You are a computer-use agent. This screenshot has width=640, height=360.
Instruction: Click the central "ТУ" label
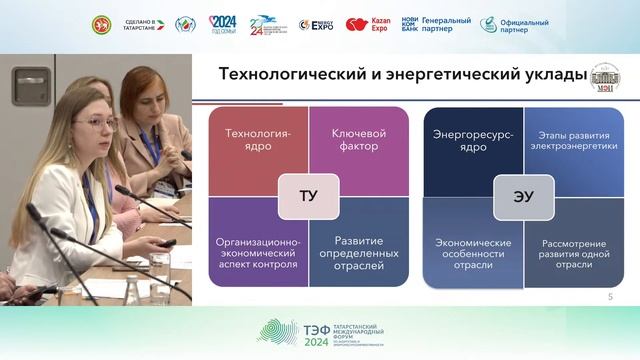point(307,196)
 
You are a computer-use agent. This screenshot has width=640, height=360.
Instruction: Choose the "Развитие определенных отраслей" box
point(359,248)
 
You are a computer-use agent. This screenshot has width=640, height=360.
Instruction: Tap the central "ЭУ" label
point(519,196)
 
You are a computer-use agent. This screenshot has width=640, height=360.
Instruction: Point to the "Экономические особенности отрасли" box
point(471,248)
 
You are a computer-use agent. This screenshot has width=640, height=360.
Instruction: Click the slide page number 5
point(610,298)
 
